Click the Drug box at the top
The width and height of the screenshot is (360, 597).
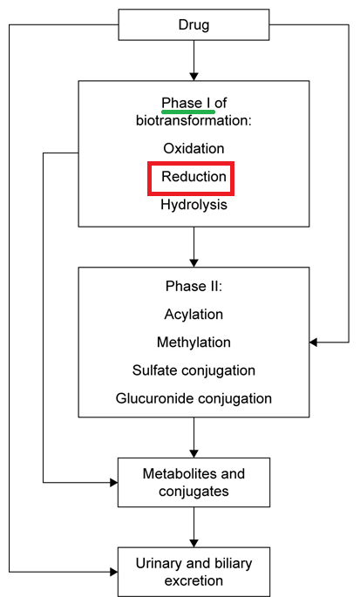tap(194, 24)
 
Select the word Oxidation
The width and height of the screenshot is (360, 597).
tap(194, 148)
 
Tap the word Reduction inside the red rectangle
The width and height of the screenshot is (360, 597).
tap(194, 176)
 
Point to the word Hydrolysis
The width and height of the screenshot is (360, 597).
tap(194, 205)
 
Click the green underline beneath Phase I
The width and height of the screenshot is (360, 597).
tap(188, 112)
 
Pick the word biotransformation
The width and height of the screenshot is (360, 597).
tap(194, 120)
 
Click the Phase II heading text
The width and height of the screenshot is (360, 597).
tap(194, 286)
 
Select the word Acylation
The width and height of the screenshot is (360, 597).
tap(194, 314)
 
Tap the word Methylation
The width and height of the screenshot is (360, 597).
tap(194, 342)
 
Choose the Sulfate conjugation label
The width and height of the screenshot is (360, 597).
tap(194, 370)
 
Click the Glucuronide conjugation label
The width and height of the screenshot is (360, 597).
tap(194, 398)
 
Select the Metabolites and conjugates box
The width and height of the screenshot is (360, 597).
tap(194, 483)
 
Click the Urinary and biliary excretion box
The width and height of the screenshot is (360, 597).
tap(194, 572)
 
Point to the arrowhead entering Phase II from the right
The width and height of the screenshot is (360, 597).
tap(313, 343)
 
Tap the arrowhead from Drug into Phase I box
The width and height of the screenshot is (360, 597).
tap(194, 76)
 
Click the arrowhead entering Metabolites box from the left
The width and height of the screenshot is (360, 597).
tap(114, 483)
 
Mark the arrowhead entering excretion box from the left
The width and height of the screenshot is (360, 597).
tap(114, 572)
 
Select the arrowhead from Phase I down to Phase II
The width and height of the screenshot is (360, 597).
tap(194, 262)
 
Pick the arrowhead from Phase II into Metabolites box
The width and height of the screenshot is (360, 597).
tap(194, 453)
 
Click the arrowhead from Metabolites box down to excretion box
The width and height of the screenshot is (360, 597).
tap(194, 543)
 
